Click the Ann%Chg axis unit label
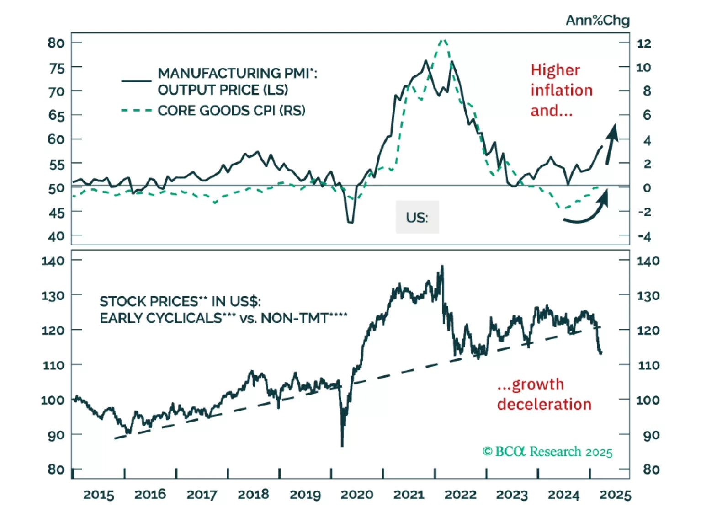tap(597, 20)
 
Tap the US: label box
tap(417, 217)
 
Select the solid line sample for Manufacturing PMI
tap(136, 81)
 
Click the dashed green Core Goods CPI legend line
tap(136, 110)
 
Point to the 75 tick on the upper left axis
tap(57, 68)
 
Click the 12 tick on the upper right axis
tap(644, 43)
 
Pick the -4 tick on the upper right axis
tap(644, 237)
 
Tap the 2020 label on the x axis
tap(357, 495)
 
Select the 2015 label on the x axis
tap(98, 495)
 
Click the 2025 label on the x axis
tap(615, 495)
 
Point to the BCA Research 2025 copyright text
tap(547, 452)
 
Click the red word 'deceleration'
tap(544, 404)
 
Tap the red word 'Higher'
tap(555, 70)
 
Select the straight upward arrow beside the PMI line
tap(611, 144)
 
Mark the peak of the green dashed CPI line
tap(443, 40)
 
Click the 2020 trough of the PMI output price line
tap(350, 222)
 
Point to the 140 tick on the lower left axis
tap(53, 261)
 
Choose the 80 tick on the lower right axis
tap(651, 470)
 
